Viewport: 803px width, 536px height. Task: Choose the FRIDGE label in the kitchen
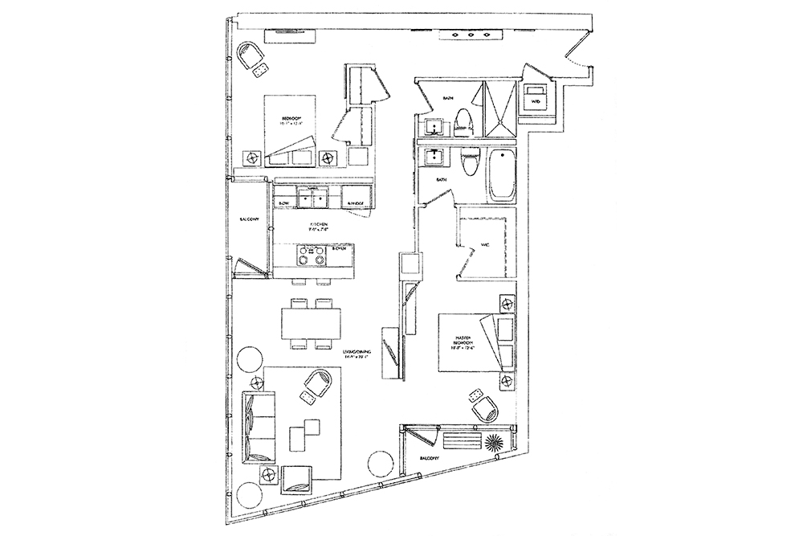[355, 204]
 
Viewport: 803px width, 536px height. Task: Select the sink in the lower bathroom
[434, 156]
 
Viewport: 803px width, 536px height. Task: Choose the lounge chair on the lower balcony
[459, 443]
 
